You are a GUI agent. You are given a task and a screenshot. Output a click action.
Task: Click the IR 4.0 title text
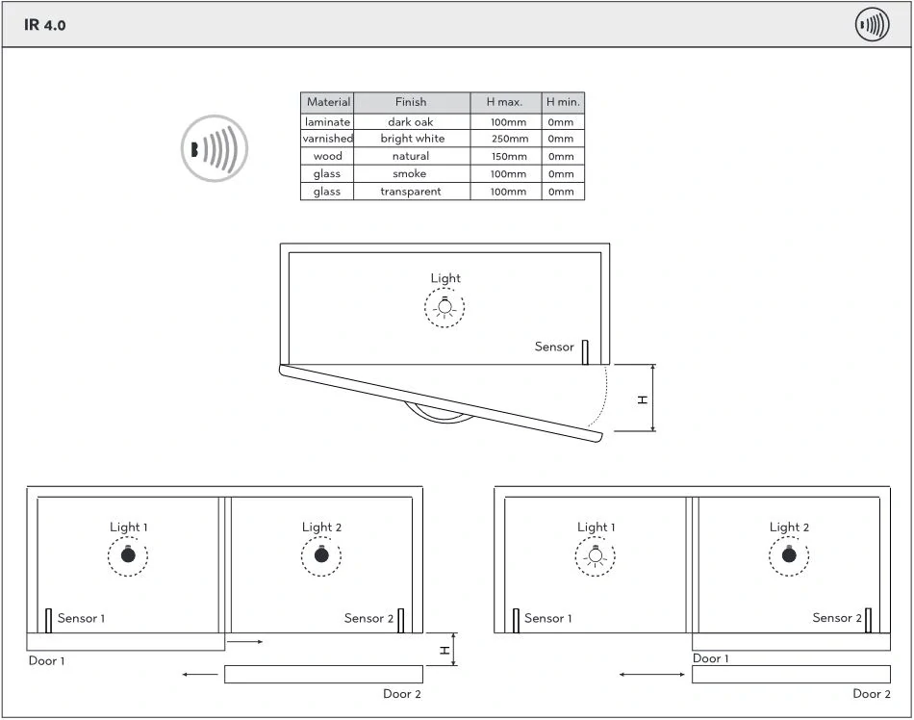[x=45, y=25]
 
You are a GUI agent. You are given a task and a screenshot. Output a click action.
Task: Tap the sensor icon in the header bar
[x=872, y=24]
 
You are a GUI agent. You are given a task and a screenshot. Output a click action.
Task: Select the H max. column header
[x=505, y=102]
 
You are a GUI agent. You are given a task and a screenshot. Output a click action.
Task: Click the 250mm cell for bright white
[x=509, y=139]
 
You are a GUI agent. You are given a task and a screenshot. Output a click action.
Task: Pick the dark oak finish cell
[x=411, y=122]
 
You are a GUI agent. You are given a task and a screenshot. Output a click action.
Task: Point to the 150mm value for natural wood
[x=509, y=156]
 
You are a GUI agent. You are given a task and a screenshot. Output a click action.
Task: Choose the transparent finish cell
[x=411, y=192]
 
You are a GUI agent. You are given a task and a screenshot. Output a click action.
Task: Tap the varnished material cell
[x=327, y=139]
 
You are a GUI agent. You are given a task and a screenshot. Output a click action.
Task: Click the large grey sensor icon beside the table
[x=215, y=148]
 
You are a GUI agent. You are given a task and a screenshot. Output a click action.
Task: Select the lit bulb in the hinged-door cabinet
[x=444, y=307]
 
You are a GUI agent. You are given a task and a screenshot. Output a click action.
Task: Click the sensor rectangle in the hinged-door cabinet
[x=585, y=352]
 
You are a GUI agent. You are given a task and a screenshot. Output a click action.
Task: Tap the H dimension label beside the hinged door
[x=643, y=399]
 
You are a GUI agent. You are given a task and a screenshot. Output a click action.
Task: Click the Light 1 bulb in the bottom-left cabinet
[x=128, y=554]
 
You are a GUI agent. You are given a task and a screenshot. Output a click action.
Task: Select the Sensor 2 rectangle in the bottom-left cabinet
[x=401, y=620]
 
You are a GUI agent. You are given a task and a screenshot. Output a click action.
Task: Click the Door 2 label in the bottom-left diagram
[x=401, y=694]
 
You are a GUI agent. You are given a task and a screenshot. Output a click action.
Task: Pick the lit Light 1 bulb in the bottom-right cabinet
[x=596, y=555]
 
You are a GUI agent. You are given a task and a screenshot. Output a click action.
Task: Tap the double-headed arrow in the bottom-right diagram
[x=651, y=675]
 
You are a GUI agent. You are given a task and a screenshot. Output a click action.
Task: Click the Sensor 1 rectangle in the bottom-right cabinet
[x=516, y=620]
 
